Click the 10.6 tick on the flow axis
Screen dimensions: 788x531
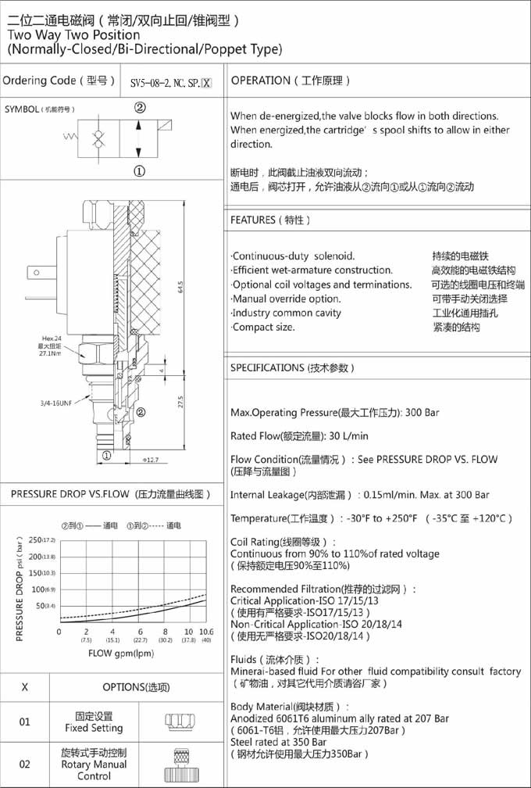[206, 631]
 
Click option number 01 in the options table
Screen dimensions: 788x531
[25, 722]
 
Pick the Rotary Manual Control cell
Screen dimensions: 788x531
[94, 765]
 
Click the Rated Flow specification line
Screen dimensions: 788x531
[299, 435]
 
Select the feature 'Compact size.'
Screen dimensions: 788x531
[263, 327]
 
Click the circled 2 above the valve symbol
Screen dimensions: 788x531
[140, 107]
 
